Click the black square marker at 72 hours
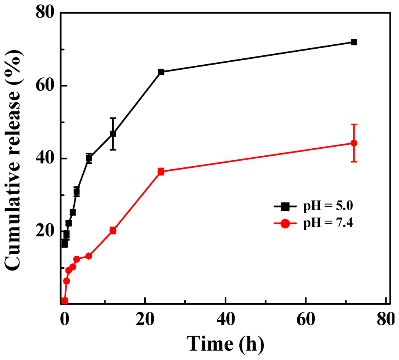coord(354,42)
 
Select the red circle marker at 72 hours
coord(354,143)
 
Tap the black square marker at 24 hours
coord(161,72)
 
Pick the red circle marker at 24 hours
coord(161,171)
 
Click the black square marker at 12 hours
coord(113,133)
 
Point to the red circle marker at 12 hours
coord(113,230)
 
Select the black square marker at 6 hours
coord(89,158)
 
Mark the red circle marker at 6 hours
coord(89,256)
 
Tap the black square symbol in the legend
coord(285,206)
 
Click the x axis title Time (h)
coord(225,343)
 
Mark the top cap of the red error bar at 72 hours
coord(354,125)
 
